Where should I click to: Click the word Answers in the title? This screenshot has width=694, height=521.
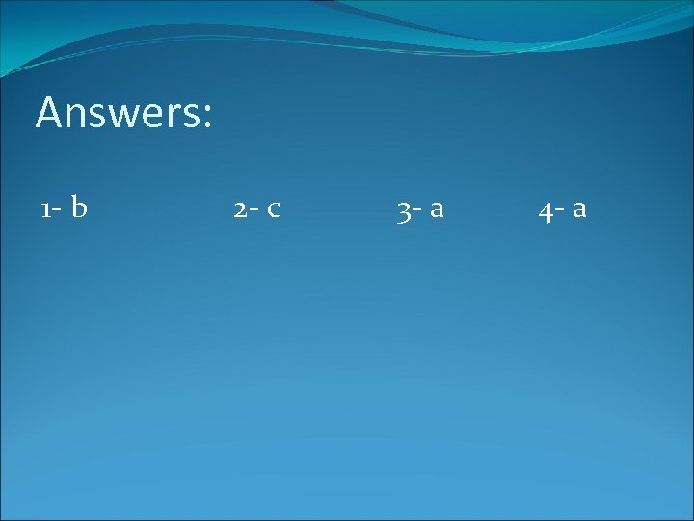[x=123, y=113]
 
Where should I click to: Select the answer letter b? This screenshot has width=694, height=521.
[x=79, y=206]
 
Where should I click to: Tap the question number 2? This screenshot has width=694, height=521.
[x=239, y=208]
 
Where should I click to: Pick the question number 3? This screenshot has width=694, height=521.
[x=403, y=210]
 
